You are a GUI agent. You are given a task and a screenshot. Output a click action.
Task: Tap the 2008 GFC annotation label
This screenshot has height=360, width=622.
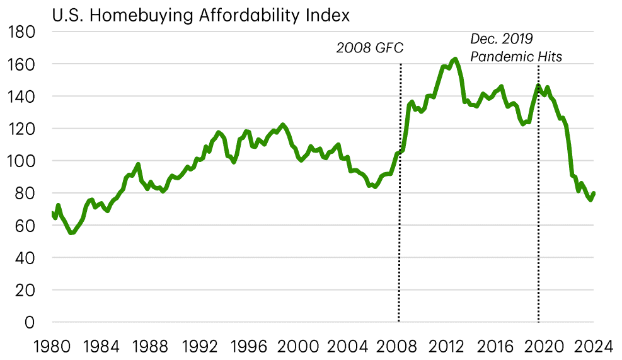tap(369, 48)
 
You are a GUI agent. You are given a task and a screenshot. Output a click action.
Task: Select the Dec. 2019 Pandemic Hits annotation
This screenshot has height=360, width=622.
tap(516, 48)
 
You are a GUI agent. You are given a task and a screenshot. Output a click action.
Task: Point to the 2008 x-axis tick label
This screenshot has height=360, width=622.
tap(398, 345)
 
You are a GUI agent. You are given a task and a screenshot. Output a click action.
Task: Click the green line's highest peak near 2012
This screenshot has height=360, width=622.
tap(454, 59)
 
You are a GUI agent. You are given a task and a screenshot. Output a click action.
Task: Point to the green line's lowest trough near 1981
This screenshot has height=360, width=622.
tap(71, 233)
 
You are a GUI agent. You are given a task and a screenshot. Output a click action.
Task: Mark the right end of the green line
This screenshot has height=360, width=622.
tap(594, 194)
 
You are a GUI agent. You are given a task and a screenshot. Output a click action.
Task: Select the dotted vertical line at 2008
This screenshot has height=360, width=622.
tap(400, 189)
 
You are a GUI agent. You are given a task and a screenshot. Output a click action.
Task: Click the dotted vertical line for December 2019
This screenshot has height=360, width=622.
tap(538, 189)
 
